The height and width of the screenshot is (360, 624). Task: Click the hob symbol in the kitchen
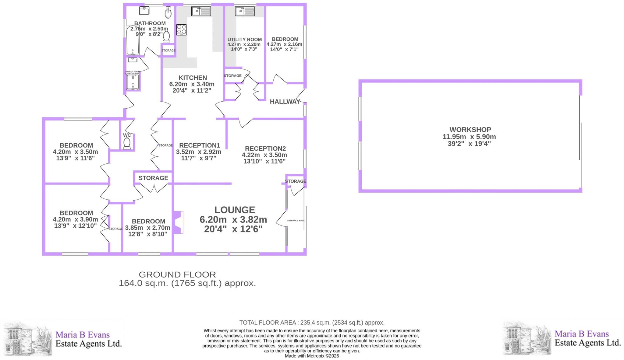(181, 30)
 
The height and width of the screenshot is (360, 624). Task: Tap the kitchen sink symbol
(201, 12)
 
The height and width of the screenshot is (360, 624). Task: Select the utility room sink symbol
(245, 12)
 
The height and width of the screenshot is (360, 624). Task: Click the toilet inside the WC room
(127, 143)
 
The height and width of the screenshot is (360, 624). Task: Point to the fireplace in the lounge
(178, 222)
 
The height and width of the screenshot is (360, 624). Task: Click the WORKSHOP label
(470, 130)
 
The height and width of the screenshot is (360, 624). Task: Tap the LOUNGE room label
(235, 210)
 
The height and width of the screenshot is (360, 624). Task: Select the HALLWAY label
(285, 102)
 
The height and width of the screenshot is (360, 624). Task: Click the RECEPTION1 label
(200, 145)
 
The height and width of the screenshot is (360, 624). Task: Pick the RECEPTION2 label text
(265, 149)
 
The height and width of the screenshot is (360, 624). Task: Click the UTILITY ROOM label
(245, 40)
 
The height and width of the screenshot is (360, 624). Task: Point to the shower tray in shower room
(133, 82)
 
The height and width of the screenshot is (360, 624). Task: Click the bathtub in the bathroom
(133, 40)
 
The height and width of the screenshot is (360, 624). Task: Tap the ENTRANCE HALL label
(296, 221)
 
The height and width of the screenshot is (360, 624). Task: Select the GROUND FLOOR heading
(177, 274)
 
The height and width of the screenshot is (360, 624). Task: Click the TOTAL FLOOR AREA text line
(312, 323)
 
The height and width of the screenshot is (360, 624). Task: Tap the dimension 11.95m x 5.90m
(469, 137)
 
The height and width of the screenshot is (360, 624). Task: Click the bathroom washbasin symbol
(144, 11)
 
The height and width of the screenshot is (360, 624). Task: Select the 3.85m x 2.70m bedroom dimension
(147, 228)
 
